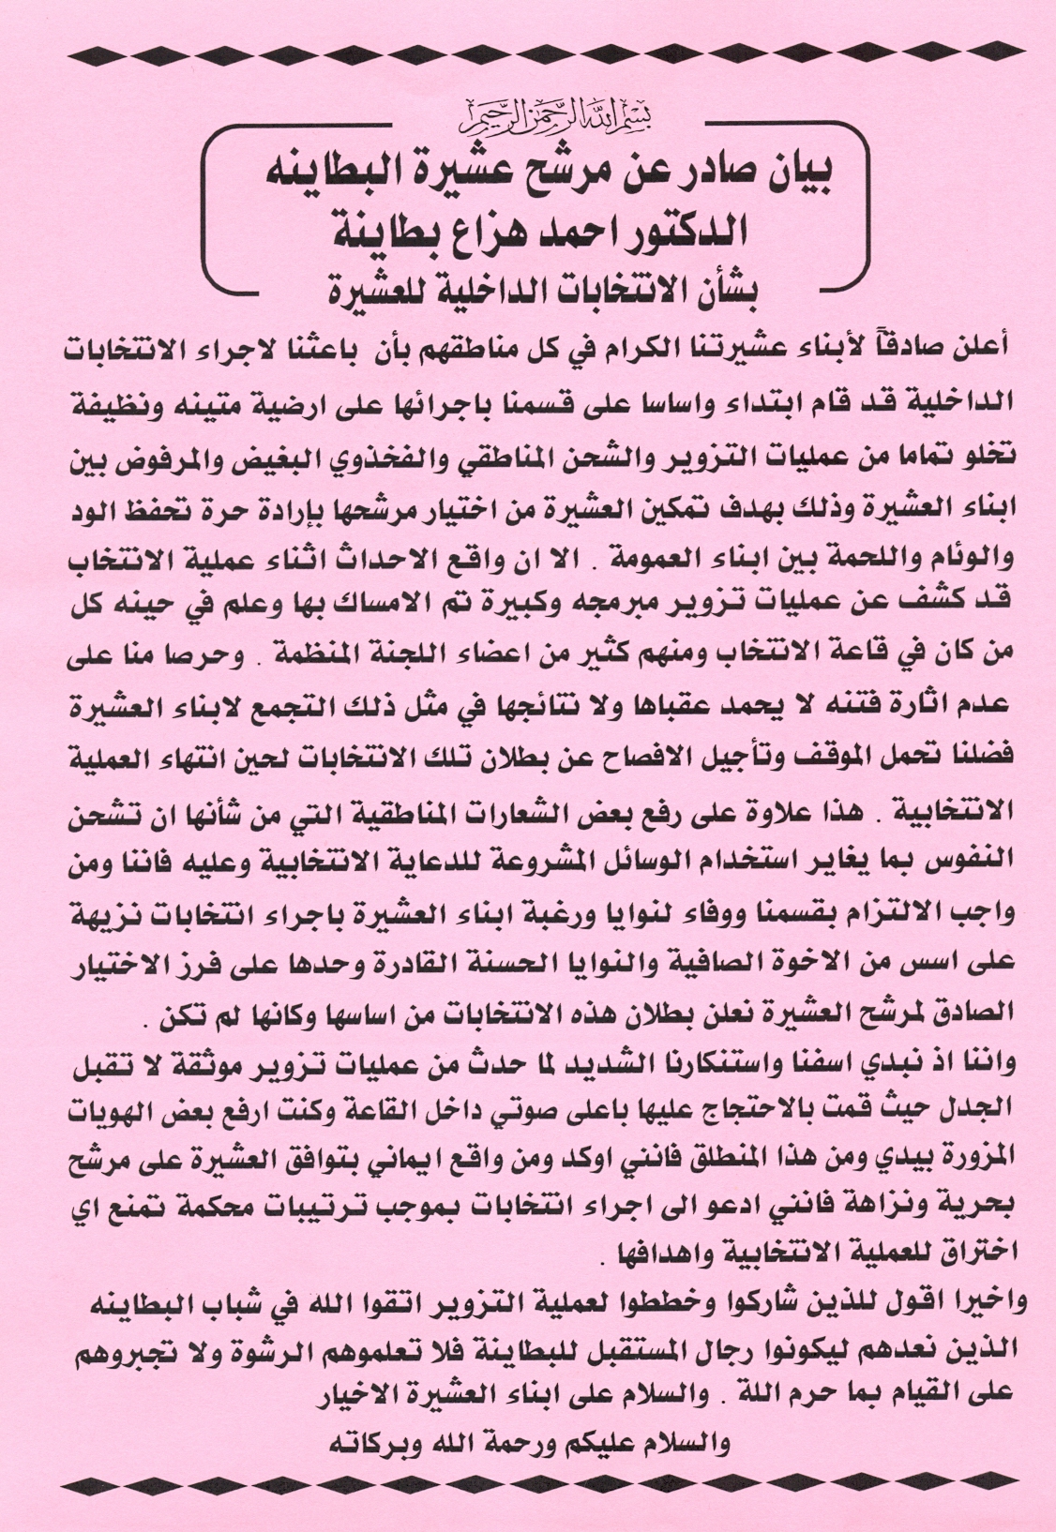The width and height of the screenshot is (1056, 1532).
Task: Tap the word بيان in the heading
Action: [804, 174]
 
